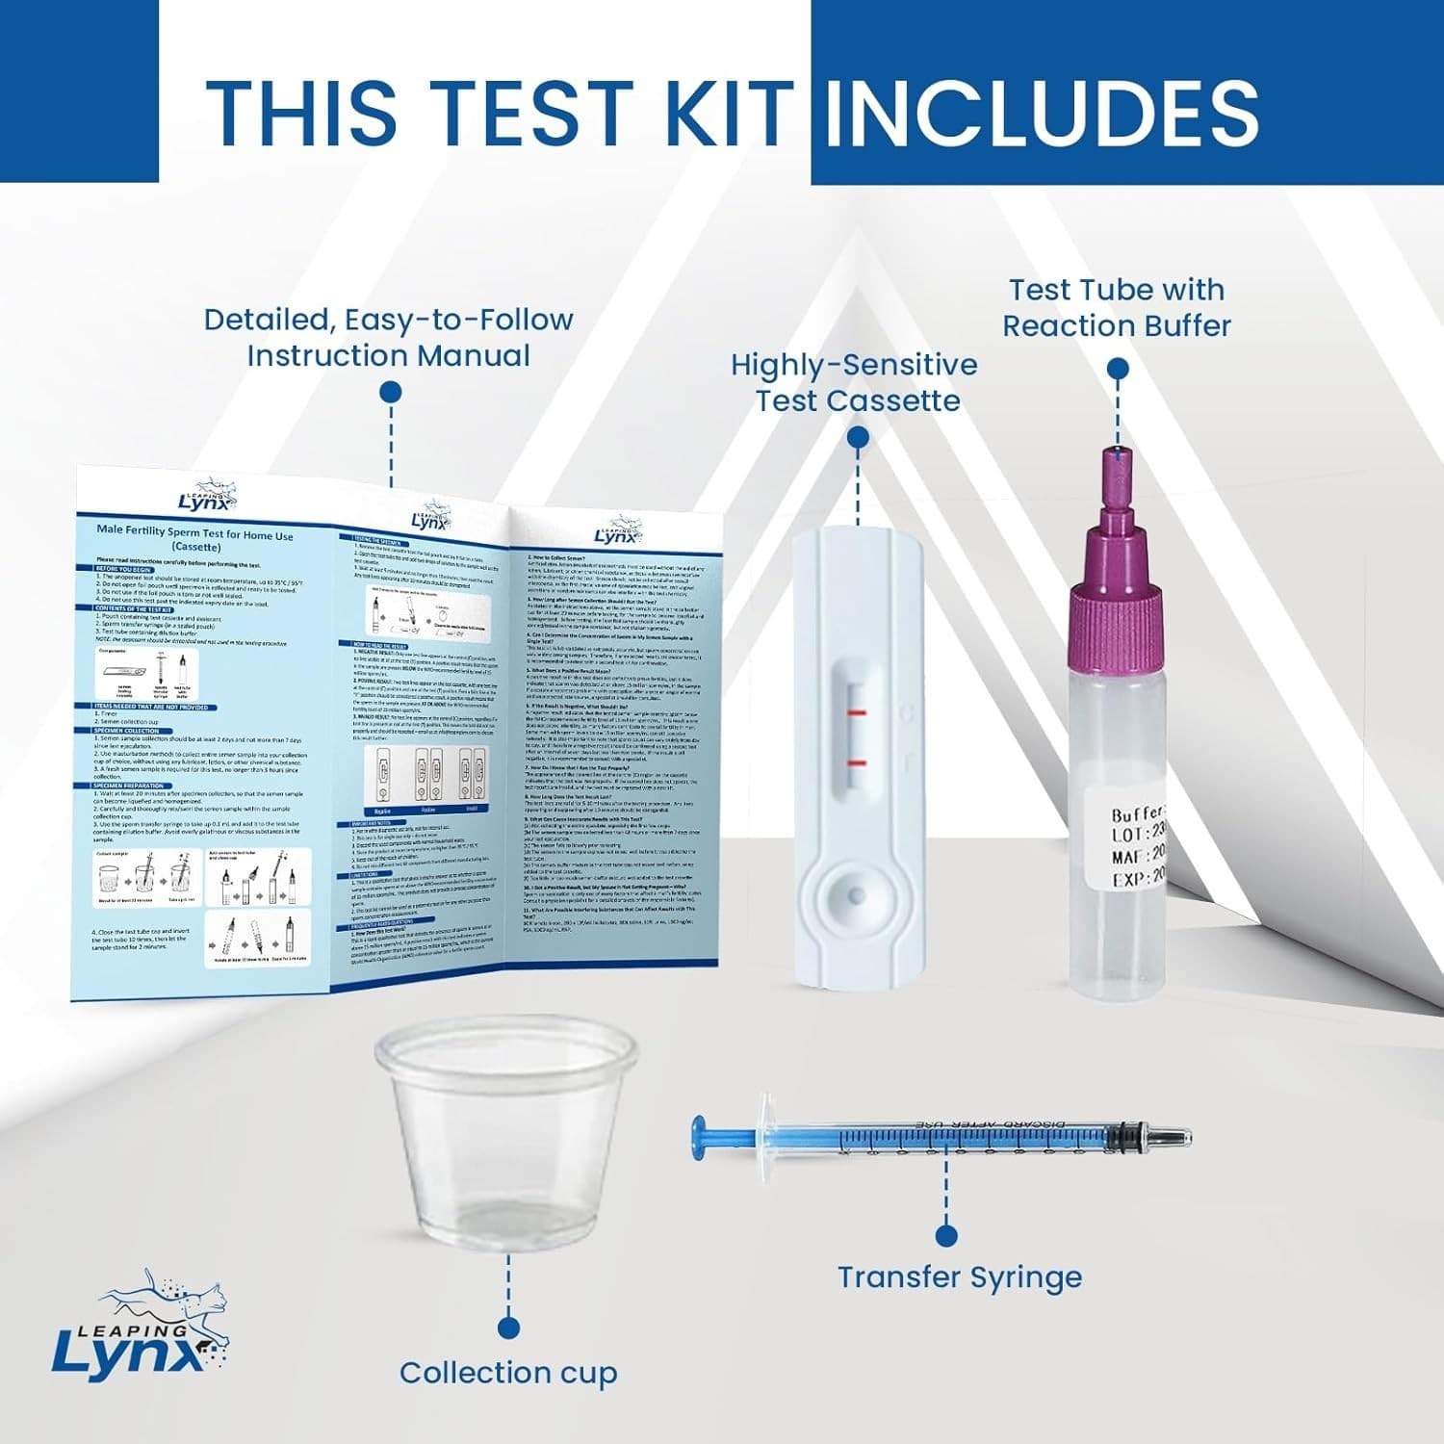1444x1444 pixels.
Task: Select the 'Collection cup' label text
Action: [x=507, y=1373]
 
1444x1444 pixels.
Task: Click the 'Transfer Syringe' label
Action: [x=959, y=1277]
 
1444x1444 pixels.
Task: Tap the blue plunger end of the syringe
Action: [x=700, y=1137]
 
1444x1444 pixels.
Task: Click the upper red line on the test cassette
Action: [x=857, y=713]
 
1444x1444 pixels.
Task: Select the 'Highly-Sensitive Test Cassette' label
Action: [x=855, y=383]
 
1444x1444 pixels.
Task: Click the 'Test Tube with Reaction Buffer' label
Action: [x=1117, y=308]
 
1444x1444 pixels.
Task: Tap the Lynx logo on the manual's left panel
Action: [x=205, y=498]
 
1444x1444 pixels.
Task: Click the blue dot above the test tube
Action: [x=1118, y=369]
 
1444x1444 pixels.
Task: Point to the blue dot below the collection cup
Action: [x=508, y=1329]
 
